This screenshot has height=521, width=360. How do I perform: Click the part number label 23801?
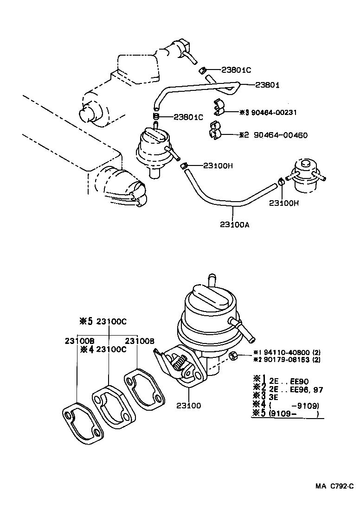(268, 85)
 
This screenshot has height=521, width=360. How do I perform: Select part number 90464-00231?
(274, 112)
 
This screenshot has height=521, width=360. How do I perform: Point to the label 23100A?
(235, 225)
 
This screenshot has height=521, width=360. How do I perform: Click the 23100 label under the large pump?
(189, 406)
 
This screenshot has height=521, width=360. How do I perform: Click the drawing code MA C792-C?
(334, 486)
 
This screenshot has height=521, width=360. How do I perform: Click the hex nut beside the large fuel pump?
(234, 356)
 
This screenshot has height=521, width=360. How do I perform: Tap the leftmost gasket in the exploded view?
(83, 423)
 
